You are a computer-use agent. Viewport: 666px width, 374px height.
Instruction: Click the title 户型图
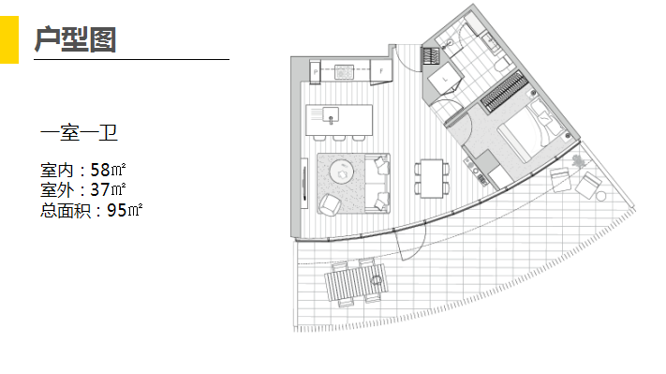coord(75,39)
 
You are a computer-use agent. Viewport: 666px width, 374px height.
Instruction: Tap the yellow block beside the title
coord(9,39)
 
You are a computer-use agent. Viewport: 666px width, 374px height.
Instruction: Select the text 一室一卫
coord(79,133)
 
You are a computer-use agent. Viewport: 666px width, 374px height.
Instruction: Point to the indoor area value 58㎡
coord(108,170)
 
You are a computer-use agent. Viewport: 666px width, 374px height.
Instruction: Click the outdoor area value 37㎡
coord(108,189)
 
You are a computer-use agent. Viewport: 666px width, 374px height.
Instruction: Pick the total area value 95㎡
coord(125,210)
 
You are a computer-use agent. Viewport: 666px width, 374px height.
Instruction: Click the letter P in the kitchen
coord(315,72)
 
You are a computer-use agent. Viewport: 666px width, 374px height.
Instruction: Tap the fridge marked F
coord(381,71)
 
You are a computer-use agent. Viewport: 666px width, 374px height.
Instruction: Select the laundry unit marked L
coord(445,79)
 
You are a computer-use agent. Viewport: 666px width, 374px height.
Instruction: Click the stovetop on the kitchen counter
coord(344,71)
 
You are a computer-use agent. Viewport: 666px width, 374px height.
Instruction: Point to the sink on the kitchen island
coord(331,114)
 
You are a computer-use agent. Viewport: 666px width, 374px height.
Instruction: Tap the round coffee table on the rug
coord(342,172)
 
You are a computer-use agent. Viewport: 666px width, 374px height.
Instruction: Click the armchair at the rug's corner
coord(330,205)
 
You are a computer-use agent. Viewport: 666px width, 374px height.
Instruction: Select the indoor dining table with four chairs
coord(432,178)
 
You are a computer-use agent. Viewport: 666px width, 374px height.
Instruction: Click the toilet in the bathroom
coord(502,65)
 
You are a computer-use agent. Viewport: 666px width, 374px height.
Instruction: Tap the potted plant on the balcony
coord(578,161)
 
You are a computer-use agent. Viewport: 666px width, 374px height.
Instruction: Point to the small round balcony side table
coord(600,196)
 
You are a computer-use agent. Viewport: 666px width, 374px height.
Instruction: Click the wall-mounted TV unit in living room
coord(304,183)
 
